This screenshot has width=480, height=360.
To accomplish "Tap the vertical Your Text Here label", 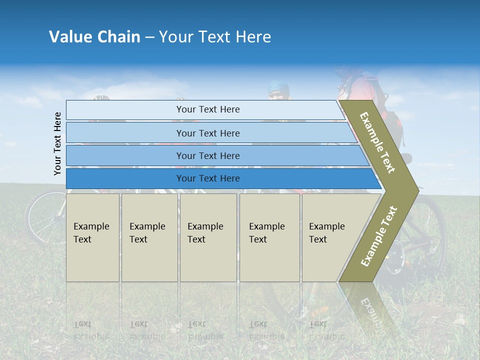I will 58,143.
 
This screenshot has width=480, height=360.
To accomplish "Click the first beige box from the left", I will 92,237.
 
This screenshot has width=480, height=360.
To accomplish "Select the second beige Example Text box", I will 149,237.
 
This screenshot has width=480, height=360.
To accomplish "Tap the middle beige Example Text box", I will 208,237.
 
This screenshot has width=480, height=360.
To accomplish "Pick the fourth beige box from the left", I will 269,237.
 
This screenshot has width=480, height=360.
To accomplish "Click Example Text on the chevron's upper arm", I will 377,142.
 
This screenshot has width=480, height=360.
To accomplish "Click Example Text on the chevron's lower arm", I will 379,236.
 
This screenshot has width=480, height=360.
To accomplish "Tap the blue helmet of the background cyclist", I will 278,87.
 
